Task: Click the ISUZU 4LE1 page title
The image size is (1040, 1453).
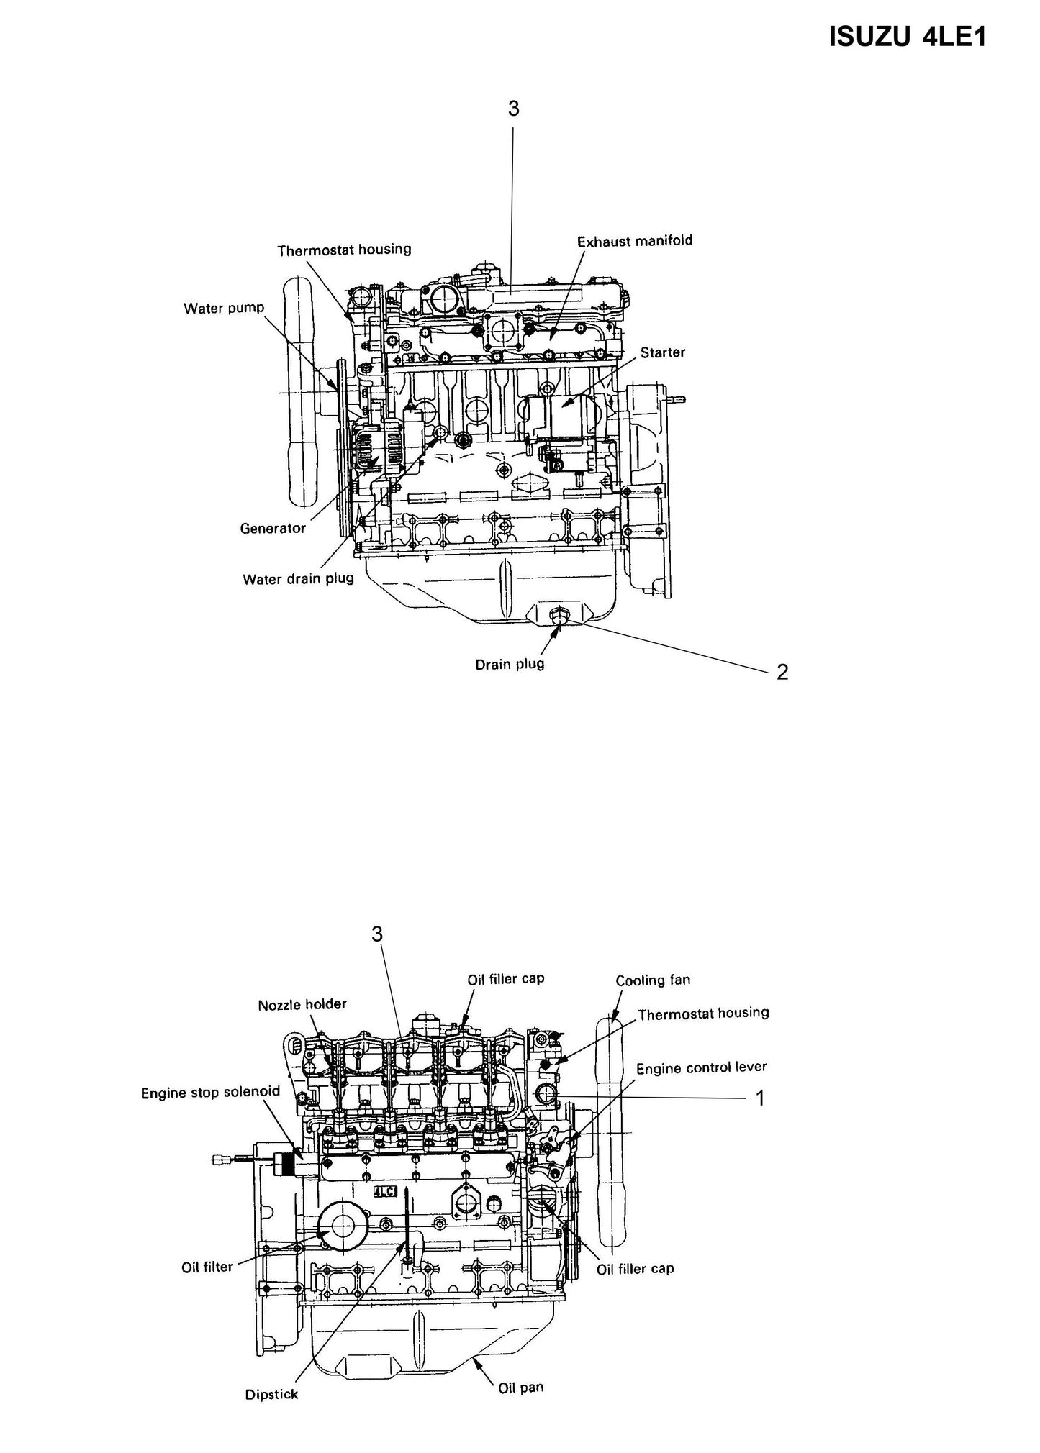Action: point(907,37)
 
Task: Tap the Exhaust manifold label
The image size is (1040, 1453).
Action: point(635,241)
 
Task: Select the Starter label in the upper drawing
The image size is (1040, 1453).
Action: point(663,352)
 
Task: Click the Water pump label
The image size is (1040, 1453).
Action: point(224,309)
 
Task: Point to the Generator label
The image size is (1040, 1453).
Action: point(273,529)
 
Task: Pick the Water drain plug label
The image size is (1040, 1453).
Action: point(298,578)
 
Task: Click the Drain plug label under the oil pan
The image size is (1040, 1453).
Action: point(510,664)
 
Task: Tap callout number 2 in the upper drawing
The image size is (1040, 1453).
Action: point(782,672)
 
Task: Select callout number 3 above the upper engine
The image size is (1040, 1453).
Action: point(513,109)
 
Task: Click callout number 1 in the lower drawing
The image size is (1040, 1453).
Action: point(759,1098)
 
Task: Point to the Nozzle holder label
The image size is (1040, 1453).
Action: point(302,1004)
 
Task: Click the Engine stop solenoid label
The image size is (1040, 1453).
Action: point(210,1093)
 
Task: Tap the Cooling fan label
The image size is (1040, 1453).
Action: point(653,980)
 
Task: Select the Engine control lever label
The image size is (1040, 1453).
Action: point(701,1068)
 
